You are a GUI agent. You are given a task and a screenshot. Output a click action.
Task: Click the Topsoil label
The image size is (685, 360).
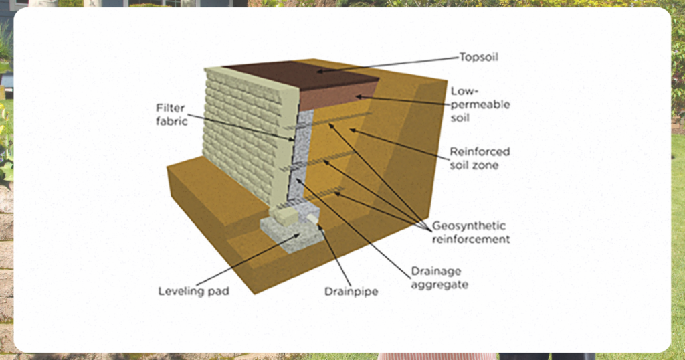(x=478, y=57)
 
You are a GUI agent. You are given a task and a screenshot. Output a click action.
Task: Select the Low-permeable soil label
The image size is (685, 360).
(x=480, y=104)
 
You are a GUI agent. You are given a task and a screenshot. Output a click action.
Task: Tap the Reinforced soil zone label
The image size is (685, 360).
(x=479, y=158)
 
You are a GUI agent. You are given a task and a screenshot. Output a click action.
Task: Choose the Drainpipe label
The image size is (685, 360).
(x=351, y=291)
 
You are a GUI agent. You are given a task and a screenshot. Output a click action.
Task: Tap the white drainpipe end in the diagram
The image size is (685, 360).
(x=312, y=219)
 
